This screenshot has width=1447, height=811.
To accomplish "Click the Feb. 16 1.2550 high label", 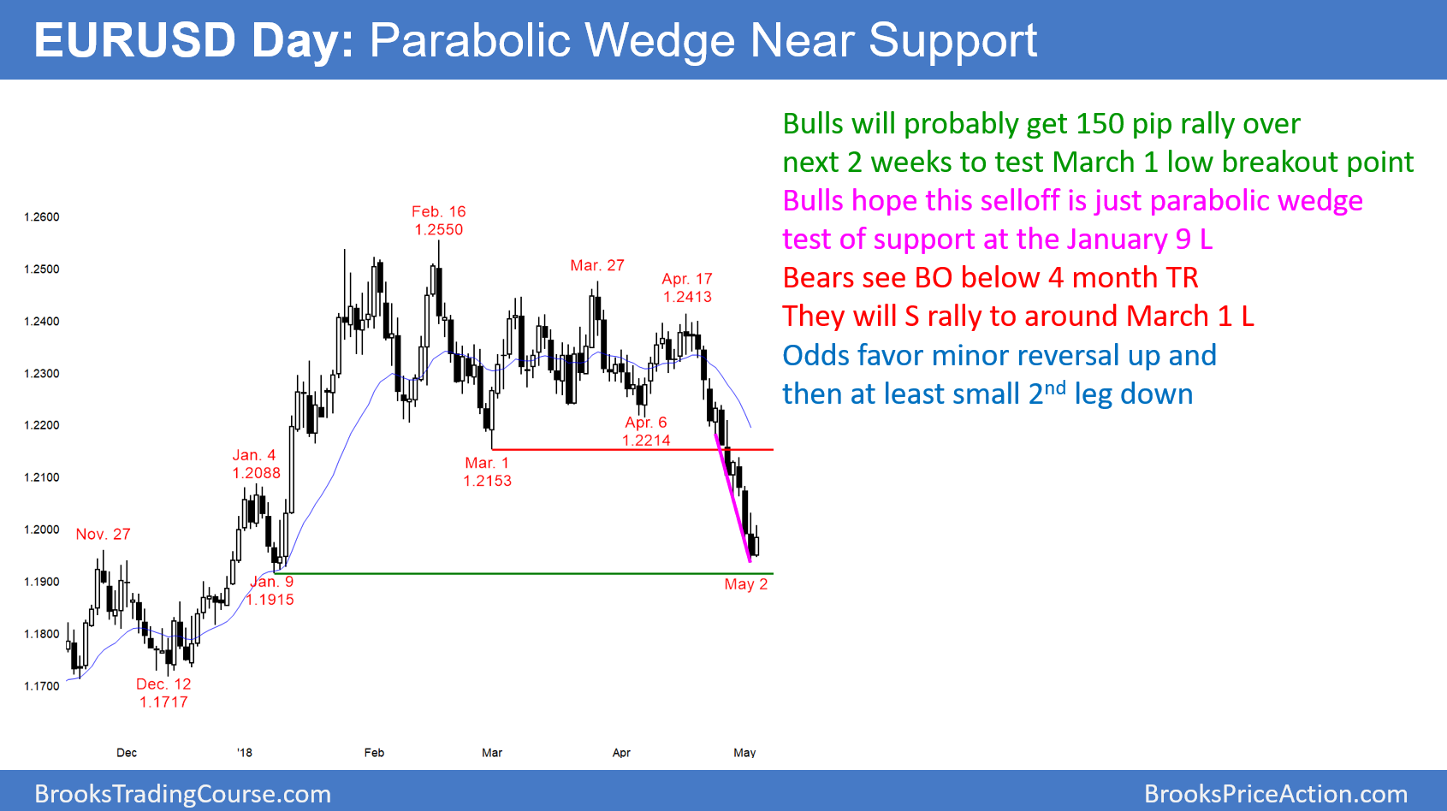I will click(x=438, y=221).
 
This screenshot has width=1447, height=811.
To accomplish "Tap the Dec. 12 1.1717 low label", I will click(x=163, y=693).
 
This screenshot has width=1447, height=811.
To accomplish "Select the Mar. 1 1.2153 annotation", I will click(x=487, y=472).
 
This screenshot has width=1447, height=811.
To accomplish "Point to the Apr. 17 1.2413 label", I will click(x=687, y=288).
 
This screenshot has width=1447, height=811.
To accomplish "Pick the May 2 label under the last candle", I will click(x=745, y=584).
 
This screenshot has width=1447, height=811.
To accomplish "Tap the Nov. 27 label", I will click(x=103, y=535).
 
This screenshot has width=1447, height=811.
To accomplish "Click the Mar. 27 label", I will click(x=597, y=266).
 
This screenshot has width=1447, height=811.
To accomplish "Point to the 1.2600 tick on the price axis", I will click(x=42, y=217).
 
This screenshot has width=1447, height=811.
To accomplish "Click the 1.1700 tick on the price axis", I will click(x=42, y=686).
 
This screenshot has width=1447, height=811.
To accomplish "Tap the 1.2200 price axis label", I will click(x=42, y=425).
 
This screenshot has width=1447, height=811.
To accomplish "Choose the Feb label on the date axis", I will click(x=374, y=753).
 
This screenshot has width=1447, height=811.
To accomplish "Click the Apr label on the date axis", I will click(x=621, y=753).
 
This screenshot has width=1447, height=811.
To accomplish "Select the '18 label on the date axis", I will click(x=245, y=753).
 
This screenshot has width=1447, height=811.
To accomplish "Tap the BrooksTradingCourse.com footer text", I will click(x=182, y=794).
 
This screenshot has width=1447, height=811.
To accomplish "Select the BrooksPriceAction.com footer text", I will click(x=1275, y=794).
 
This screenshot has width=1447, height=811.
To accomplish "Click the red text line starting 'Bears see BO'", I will click(x=990, y=278).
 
